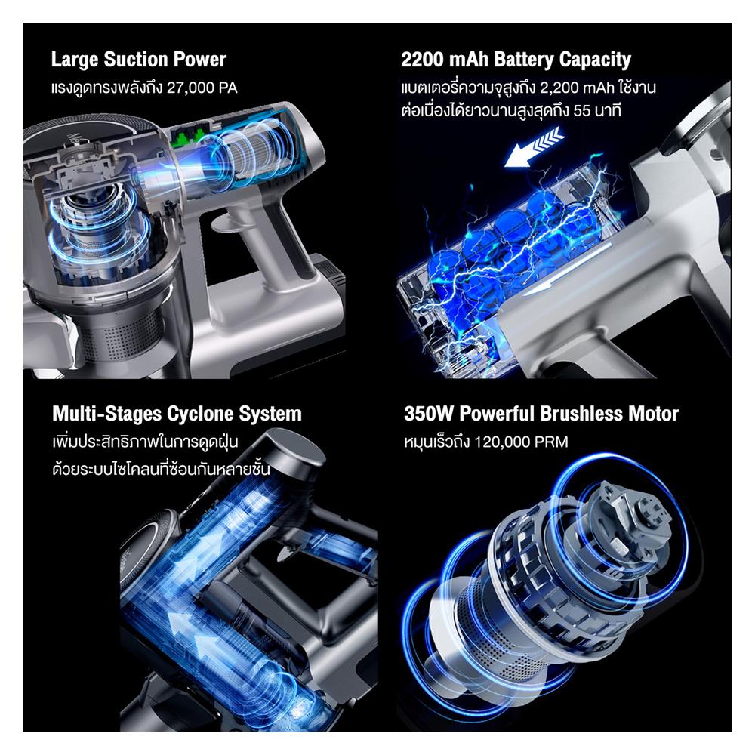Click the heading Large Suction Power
click(138, 60)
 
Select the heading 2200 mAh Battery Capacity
click(516, 60)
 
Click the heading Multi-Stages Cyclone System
click(177, 414)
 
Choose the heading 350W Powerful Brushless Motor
click(541, 414)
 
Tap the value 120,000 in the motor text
click(506, 442)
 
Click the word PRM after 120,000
click(552, 442)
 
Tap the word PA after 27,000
click(226, 88)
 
